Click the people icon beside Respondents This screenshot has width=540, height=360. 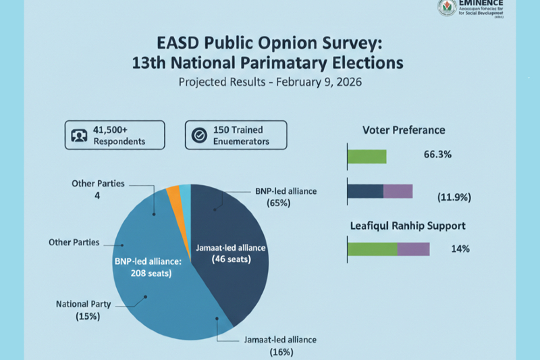point(79,135)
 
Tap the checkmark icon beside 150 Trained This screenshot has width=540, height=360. point(199,135)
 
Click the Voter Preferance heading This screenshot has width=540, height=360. point(404,130)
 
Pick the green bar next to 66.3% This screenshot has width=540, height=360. point(367,157)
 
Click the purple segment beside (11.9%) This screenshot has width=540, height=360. point(398,191)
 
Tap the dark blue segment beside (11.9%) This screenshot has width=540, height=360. point(365,191)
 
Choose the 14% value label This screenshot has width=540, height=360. point(460,249)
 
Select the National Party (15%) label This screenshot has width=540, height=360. point(78,310)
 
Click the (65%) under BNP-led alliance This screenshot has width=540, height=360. point(278,203)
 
